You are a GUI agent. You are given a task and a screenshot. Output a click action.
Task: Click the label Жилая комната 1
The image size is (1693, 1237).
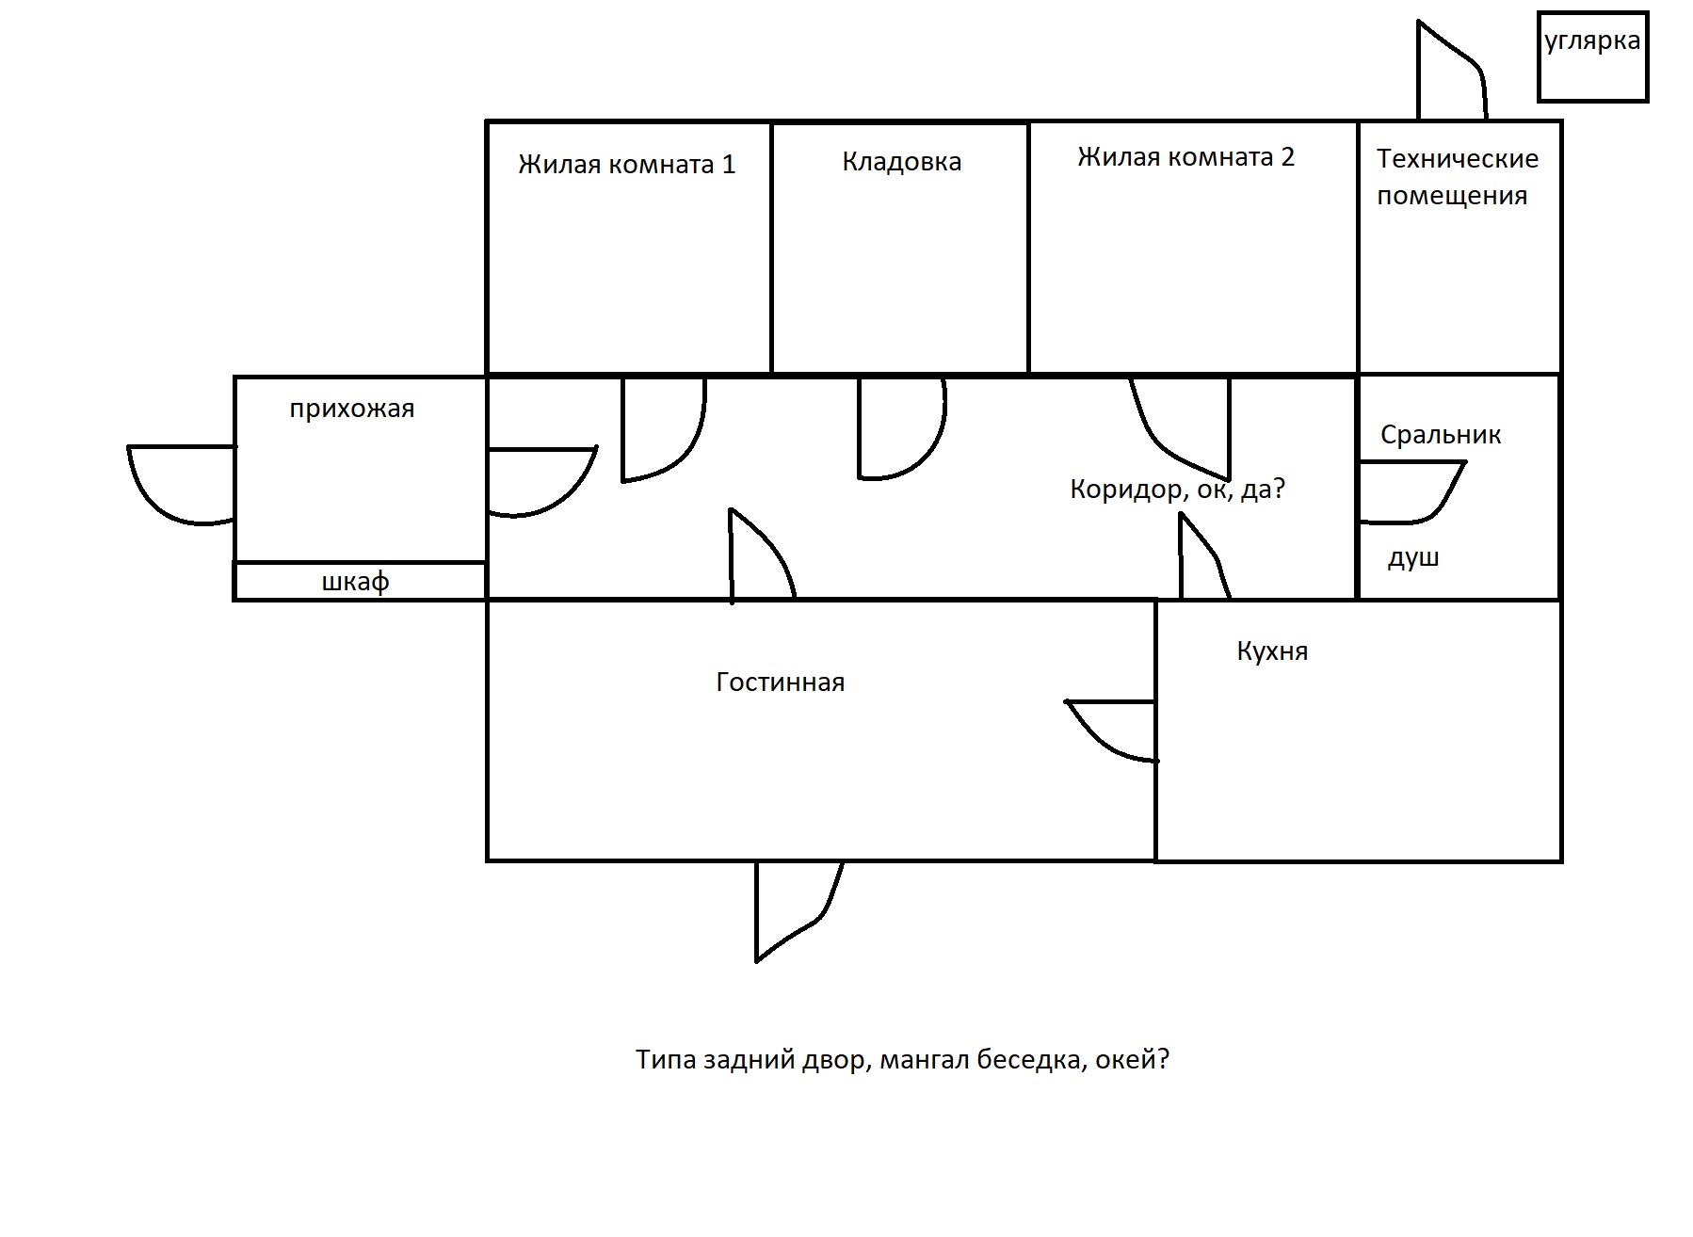(x=626, y=165)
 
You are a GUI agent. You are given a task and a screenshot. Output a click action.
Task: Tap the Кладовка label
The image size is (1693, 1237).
(x=901, y=162)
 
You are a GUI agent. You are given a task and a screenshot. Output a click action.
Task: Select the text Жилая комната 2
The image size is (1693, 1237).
(x=1185, y=157)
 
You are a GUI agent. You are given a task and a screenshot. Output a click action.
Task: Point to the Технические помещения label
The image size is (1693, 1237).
(x=1457, y=177)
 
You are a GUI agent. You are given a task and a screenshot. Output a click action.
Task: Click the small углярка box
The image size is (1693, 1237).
(x=1592, y=56)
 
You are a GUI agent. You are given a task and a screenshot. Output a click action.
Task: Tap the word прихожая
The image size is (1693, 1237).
(x=351, y=409)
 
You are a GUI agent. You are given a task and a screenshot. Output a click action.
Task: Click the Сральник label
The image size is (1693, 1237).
(x=1440, y=435)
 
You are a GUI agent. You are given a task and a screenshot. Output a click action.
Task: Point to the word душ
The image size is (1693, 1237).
(x=1413, y=558)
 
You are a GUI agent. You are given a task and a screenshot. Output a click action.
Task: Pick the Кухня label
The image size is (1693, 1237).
(x=1272, y=651)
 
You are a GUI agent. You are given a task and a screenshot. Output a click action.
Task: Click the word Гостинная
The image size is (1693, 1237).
(x=780, y=682)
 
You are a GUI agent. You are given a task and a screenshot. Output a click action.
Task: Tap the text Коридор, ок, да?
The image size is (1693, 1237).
(x=1177, y=490)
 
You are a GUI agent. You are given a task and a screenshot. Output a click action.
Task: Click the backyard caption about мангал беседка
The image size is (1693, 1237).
(x=902, y=1060)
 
